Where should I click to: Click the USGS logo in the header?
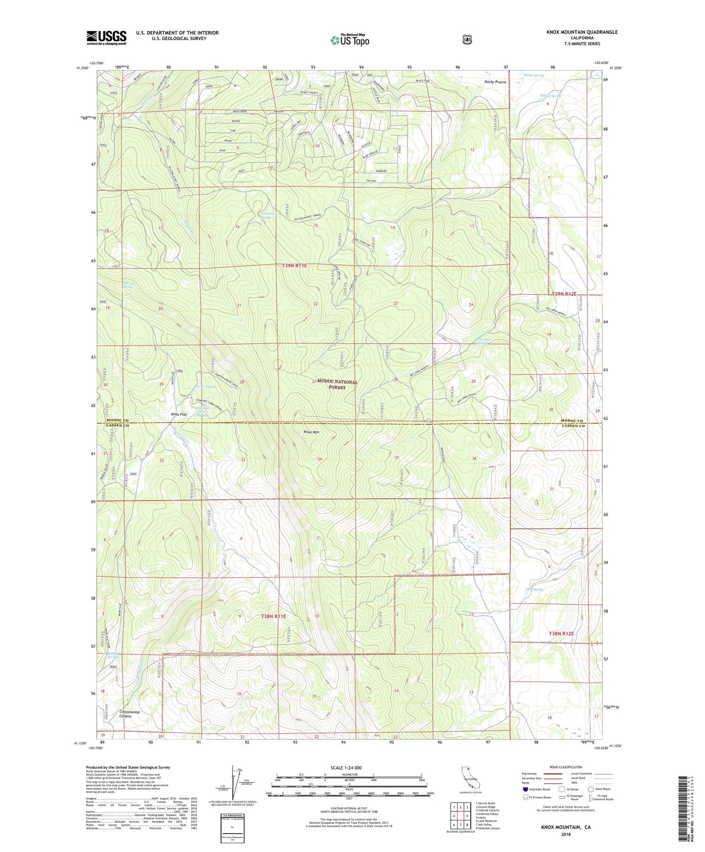click(x=106, y=38)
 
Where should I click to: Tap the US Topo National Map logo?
click(x=349, y=40)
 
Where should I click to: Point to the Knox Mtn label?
click(x=312, y=432)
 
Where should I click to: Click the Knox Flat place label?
click(x=179, y=414)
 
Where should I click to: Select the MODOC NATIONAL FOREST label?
click(x=337, y=385)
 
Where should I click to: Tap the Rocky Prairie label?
click(x=495, y=82)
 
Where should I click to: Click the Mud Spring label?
click(x=534, y=589)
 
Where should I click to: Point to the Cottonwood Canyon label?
click(x=129, y=714)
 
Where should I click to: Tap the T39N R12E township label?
click(x=564, y=294)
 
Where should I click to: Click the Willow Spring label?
click(x=550, y=96)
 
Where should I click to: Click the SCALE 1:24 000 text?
click(x=346, y=768)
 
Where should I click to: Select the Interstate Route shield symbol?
click(x=525, y=789)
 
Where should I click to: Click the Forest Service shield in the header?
click(x=467, y=40)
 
